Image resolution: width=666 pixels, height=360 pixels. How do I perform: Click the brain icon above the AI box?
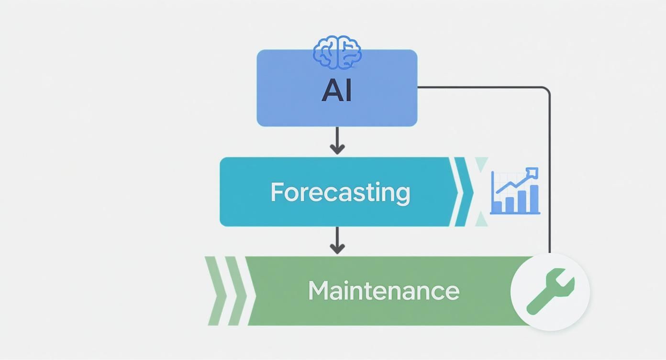pyautogui.click(x=337, y=52)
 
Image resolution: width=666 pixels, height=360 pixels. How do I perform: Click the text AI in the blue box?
pyautogui.click(x=337, y=90)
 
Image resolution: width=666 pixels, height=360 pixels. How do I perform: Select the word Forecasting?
pyautogui.click(x=340, y=192)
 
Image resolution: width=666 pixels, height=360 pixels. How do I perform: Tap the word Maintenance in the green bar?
pyautogui.click(x=383, y=291)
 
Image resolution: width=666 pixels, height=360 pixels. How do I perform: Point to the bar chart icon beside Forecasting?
pyautogui.click(x=515, y=191)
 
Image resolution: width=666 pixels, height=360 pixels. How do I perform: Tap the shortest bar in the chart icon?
pyautogui.click(x=498, y=207)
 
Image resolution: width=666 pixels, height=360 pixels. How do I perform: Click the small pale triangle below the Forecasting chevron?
pyautogui.click(x=481, y=220)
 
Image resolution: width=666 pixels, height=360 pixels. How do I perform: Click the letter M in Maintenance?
pyautogui.click(x=318, y=291)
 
